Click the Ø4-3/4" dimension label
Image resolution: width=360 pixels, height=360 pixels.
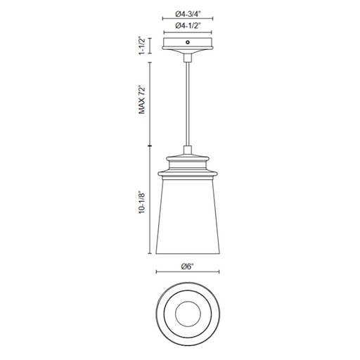[x=188, y=14]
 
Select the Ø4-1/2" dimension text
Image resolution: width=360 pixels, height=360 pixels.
[x=188, y=25]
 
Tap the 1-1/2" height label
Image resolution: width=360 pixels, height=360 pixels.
[x=142, y=46]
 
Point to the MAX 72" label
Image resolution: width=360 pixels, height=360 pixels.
[x=142, y=101]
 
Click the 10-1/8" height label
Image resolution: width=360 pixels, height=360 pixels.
[x=142, y=203]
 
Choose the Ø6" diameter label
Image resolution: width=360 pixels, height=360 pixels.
[x=188, y=266]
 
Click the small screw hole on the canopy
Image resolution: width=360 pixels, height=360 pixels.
[x=188, y=42]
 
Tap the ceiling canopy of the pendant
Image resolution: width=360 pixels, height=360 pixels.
[x=188, y=45]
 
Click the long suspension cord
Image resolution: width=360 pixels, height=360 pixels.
[x=188, y=104]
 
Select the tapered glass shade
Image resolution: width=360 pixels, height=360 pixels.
[x=188, y=217]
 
